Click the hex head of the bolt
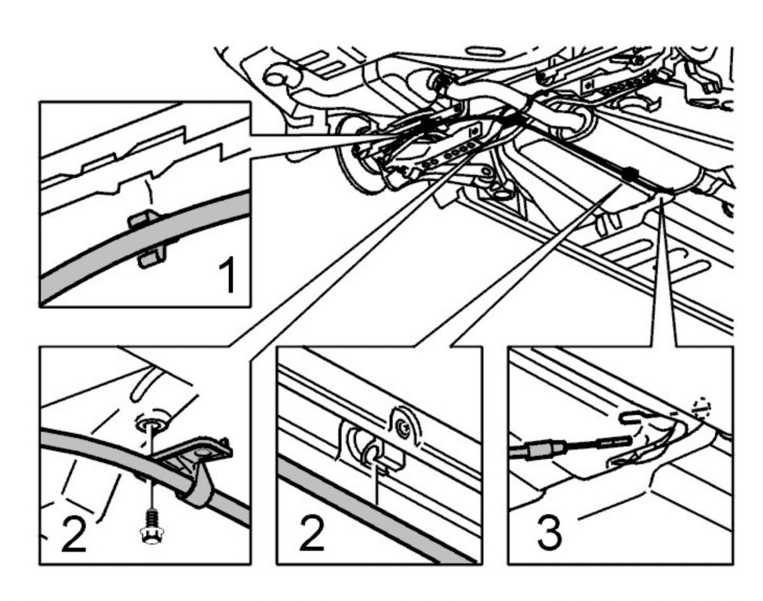(149, 536)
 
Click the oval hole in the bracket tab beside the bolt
(203, 451)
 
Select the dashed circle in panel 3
(701, 408)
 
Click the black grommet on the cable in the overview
(630, 172)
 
